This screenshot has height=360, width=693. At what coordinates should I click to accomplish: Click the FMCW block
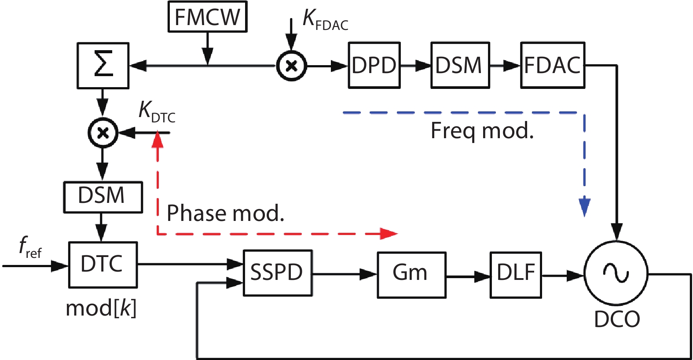tap(207, 17)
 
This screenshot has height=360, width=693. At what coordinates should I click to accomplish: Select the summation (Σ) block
tap(103, 66)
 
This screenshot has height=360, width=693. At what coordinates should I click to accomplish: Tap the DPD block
tap(374, 66)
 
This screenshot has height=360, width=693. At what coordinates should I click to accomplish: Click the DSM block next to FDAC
tap(460, 66)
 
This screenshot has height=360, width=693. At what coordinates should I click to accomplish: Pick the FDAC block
tap(553, 66)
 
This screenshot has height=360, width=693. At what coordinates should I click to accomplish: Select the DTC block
tap(103, 264)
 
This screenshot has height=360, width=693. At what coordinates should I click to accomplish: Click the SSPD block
tap(278, 273)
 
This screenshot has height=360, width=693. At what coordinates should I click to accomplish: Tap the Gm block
tap(411, 275)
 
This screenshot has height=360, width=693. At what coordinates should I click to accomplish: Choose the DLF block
tap(516, 275)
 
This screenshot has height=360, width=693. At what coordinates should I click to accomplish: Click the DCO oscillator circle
tap(616, 273)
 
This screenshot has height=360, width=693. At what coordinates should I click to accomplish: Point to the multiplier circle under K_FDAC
tap(291, 66)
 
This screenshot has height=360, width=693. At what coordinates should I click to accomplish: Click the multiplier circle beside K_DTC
tap(103, 132)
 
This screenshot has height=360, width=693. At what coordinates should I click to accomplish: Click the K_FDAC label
tap(325, 20)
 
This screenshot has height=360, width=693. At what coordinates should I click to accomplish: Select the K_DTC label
tap(157, 111)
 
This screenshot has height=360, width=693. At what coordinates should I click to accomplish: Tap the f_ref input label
tap(30, 247)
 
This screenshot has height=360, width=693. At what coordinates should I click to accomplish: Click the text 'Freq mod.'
tap(482, 131)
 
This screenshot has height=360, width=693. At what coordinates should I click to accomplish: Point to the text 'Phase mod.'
tap(225, 213)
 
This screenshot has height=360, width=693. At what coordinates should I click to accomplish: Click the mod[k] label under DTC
tap(101, 309)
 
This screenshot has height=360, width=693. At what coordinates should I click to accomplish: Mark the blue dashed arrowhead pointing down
tap(584, 207)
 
